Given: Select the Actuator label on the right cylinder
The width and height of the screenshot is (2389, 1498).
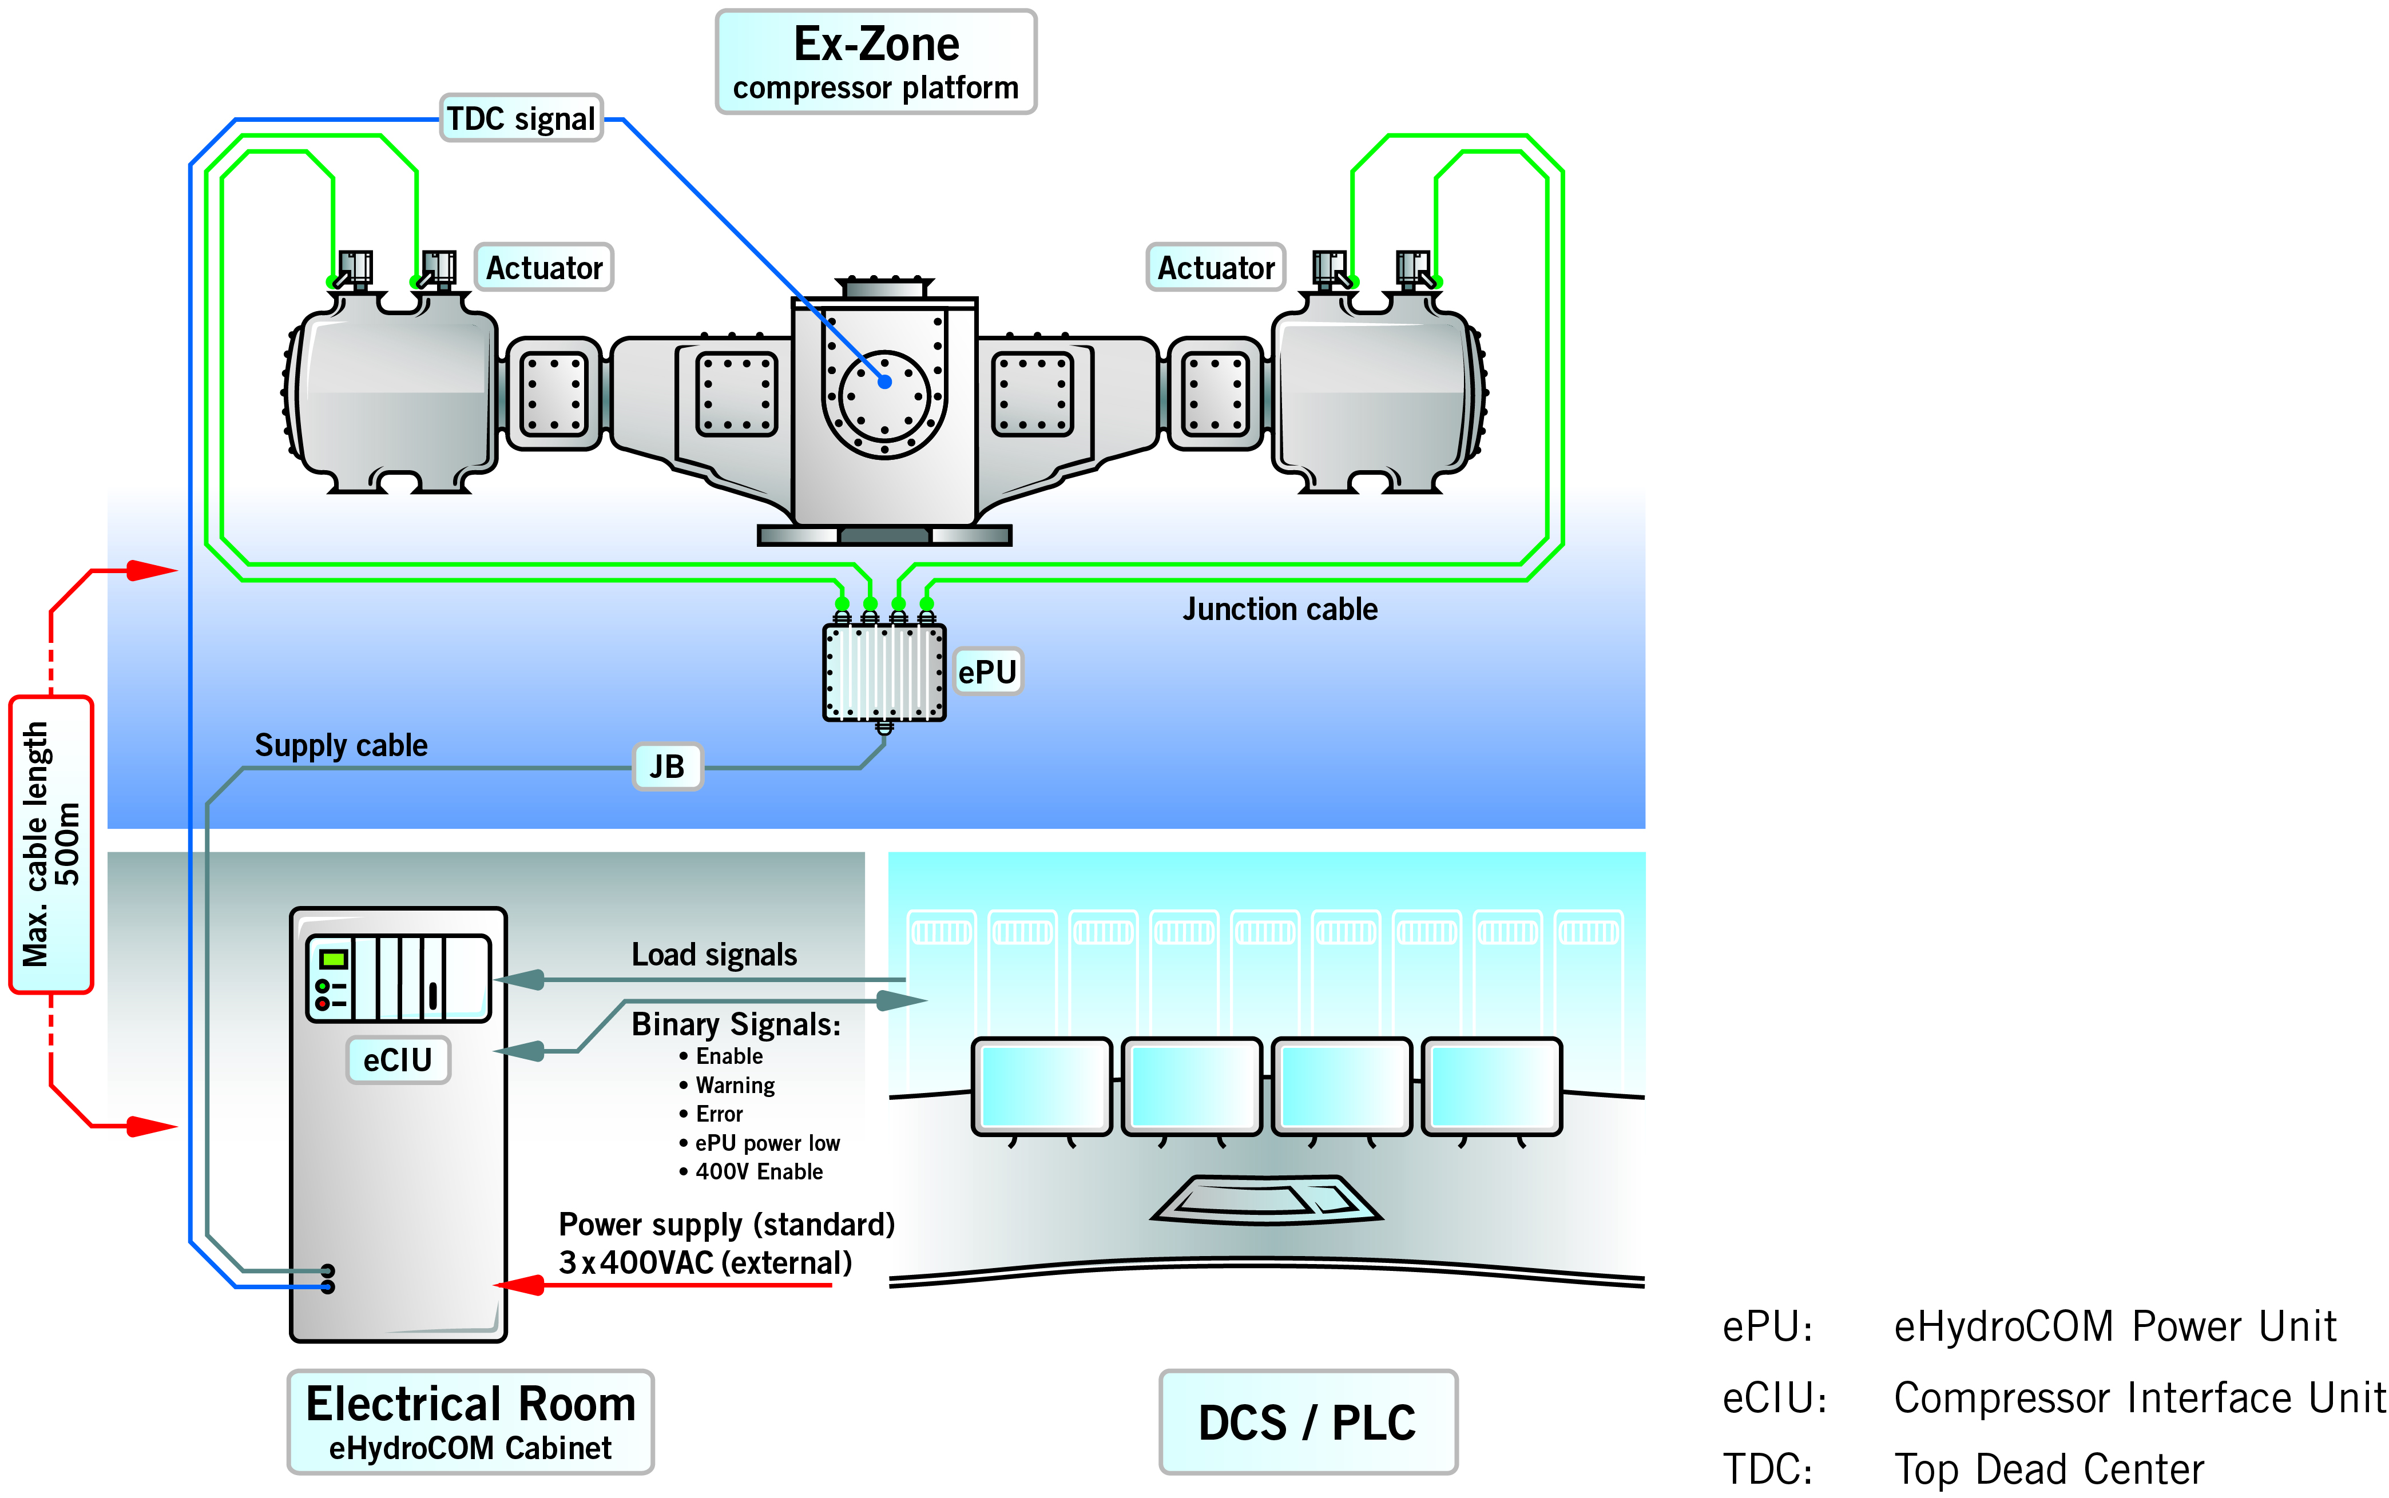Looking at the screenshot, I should (1215, 268).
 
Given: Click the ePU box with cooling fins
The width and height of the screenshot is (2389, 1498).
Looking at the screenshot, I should (884, 671).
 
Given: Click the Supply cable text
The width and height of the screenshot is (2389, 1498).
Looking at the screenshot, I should (341, 745).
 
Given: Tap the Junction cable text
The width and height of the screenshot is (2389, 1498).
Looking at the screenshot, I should (1279, 609).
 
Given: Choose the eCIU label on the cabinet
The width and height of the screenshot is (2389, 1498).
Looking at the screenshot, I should (398, 1060).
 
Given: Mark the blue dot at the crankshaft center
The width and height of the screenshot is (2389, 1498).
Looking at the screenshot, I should (885, 382).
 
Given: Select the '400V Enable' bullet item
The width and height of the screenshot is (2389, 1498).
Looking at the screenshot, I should (758, 1172).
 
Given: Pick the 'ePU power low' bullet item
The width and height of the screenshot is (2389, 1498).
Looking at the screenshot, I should (766, 1143).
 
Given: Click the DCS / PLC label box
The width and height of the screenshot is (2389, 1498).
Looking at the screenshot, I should (1307, 1422).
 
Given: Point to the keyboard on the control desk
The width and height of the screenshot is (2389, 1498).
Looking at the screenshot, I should (1265, 1200).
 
